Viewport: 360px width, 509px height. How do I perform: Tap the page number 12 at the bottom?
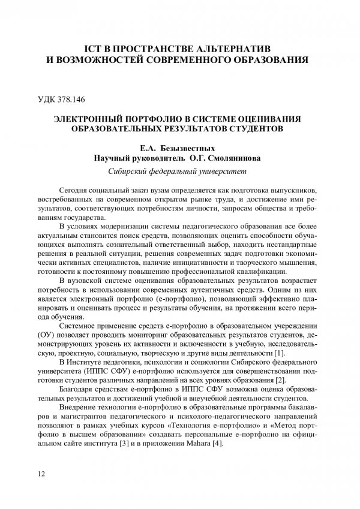click(41, 474)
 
